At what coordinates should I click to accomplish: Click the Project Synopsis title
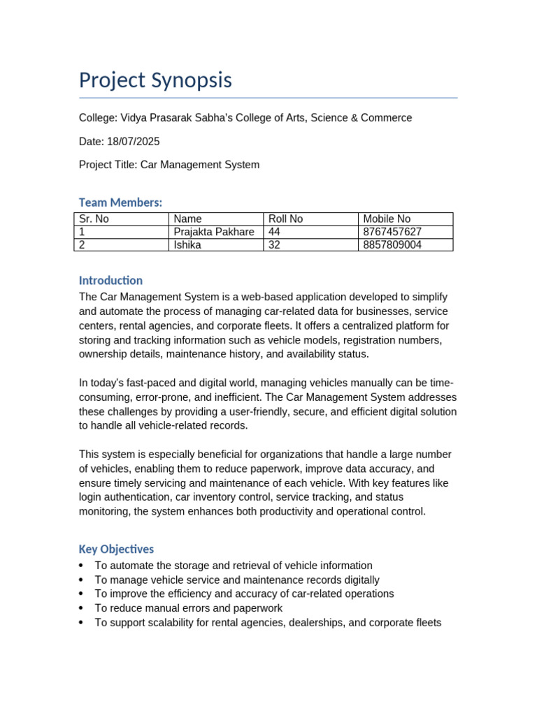coord(155,80)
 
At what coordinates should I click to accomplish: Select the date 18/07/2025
coord(133,142)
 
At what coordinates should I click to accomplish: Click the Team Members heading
coord(120,202)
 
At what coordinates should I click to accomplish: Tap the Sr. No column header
coord(94,219)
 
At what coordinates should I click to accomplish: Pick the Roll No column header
coord(285,219)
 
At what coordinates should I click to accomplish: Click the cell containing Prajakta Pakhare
coord(214,232)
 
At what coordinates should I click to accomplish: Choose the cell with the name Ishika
coord(187,245)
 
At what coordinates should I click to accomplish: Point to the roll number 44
coord(275,232)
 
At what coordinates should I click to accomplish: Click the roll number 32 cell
coord(275,245)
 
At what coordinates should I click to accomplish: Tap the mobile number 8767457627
coord(392,232)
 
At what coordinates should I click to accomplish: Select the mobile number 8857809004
coord(392,245)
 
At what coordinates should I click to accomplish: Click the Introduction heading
coord(110,281)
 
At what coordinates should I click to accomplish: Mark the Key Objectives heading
coord(116,550)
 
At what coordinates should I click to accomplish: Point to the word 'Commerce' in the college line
coord(387,118)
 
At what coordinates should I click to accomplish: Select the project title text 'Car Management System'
coord(200,165)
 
